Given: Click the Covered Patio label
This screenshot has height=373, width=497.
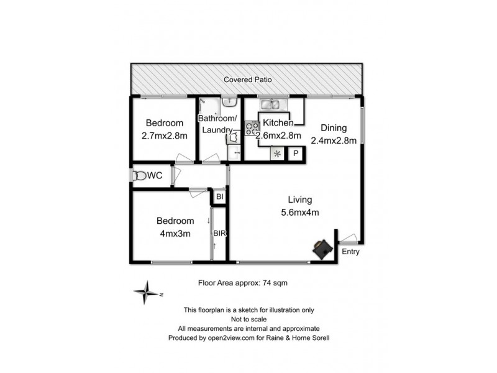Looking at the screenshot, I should click(x=248, y=80).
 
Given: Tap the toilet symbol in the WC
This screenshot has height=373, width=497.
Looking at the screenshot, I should click(x=139, y=177).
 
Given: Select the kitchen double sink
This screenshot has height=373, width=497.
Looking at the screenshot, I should click(x=273, y=104).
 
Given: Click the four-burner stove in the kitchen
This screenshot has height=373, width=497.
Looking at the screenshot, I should click(x=252, y=129).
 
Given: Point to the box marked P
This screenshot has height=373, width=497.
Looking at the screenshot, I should click(x=296, y=154).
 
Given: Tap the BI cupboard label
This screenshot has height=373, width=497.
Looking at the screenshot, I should click(x=219, y=197).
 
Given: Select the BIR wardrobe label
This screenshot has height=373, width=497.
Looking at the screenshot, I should click(x=219, y=234).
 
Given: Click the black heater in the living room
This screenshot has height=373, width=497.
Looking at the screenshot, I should click(x=322, y=249).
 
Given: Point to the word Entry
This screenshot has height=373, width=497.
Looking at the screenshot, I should click(x=350, y=252).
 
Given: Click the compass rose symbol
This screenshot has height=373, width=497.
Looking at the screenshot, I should click(x=147, y=293).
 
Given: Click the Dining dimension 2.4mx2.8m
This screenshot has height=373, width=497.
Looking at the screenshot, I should click(x=334, y=140).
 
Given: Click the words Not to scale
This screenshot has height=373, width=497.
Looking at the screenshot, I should click(x=248, y=319).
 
